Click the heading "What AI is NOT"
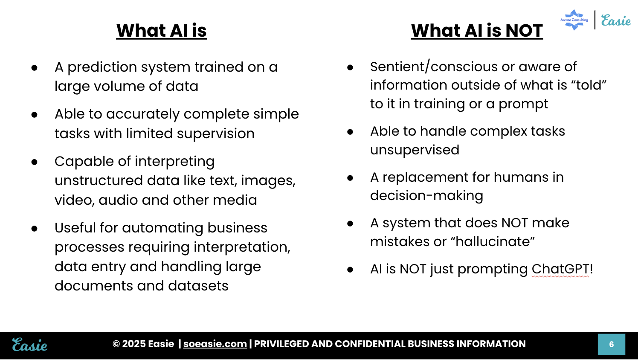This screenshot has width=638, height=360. (477, 31)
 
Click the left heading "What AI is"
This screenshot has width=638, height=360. (161, 31)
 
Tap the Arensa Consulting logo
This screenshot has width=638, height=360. (574, 20)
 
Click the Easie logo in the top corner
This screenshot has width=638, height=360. (616, 20)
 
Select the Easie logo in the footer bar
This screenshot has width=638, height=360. (30, 345)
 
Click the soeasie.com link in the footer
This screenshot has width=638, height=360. (215, 344)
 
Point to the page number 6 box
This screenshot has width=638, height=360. (611, 344)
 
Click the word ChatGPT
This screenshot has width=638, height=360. (560, 269)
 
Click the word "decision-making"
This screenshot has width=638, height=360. (426, 196)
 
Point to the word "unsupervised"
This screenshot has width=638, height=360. (415, 150)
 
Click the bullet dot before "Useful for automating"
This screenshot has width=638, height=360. (35, 229)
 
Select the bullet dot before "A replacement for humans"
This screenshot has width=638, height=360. (350, 178)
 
